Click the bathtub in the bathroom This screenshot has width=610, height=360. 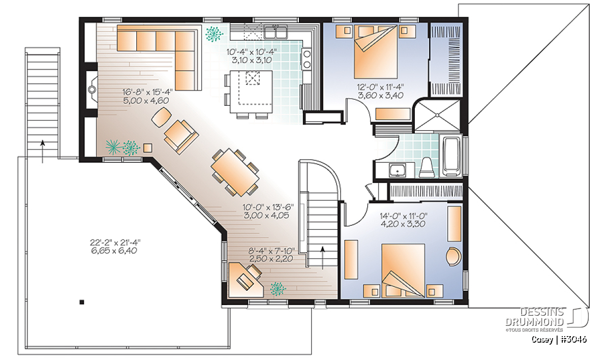pos(451,156)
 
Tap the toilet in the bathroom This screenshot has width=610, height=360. pos(426,167)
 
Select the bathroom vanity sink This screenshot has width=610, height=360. pos(398,170)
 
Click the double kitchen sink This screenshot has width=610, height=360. pos(276,32)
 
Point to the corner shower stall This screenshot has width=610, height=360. pos(437,116)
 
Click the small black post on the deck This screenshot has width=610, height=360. pos(82,302)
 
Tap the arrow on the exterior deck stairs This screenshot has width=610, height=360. pos(43,152)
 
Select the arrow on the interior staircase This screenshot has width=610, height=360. pos(323,258)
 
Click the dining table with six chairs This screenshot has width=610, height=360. pos(235,172)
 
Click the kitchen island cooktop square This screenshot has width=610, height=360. pos(253,78)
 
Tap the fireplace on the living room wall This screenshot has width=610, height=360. pos(92,89)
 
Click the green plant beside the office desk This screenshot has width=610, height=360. pos(278,289)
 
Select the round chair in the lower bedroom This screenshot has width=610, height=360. pos(453,256)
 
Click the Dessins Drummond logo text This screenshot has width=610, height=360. pos(534,317)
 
